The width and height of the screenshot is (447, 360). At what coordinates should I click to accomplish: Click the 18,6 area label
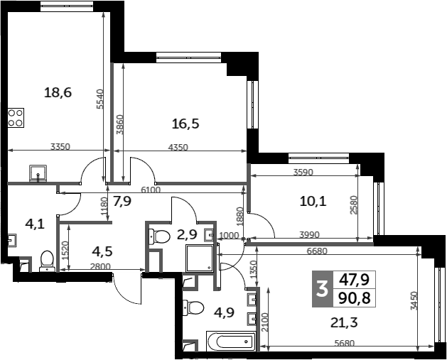58,92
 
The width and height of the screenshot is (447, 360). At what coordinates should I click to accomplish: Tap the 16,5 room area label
185,124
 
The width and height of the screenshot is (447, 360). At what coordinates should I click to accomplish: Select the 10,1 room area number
313,202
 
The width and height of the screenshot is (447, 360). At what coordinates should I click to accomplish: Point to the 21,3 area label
344,323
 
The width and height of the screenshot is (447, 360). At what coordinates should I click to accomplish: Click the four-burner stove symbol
16,118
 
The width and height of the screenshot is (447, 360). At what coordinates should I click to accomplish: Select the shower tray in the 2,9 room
200,258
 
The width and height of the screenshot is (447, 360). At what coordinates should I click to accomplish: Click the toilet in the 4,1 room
47,261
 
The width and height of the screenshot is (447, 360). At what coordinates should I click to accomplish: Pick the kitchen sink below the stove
38,173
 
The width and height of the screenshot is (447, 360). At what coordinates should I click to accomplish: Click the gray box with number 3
323,289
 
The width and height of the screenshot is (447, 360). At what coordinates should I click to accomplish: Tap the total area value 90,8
355,298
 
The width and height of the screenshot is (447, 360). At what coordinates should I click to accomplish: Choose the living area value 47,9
355,280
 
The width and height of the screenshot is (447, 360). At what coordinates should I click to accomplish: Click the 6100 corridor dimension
151,190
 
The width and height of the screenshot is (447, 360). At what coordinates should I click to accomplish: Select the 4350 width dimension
178,147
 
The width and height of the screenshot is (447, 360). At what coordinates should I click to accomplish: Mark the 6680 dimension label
317,251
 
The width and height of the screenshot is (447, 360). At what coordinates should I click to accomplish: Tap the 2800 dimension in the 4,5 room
100,266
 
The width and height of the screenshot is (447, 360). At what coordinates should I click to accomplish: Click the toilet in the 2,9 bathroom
160,236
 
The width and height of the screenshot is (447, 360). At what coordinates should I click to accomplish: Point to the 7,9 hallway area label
122,202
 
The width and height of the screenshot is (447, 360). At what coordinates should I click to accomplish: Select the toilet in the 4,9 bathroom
193,308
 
